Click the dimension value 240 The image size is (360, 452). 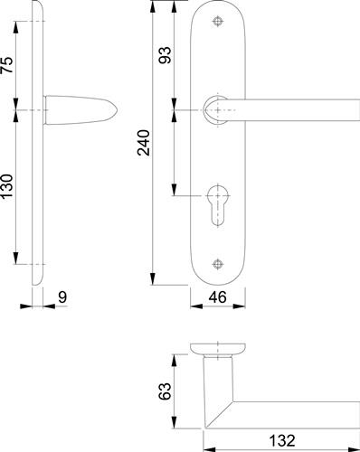(144, 143)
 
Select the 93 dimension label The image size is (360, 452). (165, 55)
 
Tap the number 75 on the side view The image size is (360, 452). (7, 65)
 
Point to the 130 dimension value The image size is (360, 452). (7, 186)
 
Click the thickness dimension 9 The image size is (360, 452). (62, 297)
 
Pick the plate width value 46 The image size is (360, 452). (217, 297)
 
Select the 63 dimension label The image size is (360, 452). (165, 391)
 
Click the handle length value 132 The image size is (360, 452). (282, 440)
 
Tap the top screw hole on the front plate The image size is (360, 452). (218, 22)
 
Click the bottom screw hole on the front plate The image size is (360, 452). (218, 264)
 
